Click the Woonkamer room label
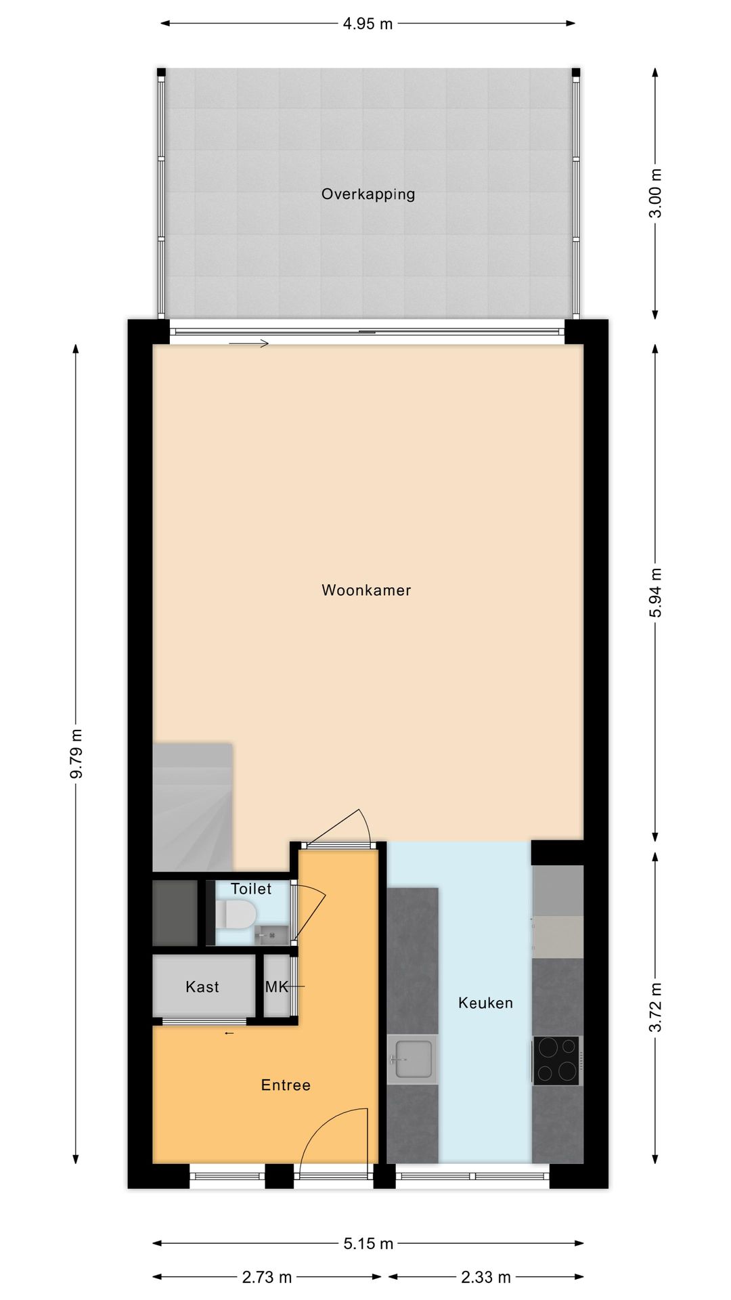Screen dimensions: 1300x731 click(366, 590)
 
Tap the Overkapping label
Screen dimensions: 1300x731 click(368, 194)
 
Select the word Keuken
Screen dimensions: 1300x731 click(485, 1003)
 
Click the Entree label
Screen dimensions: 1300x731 click(286, 1085)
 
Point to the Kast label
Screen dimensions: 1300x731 click(202, 987)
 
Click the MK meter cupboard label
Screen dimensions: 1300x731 click(276, 987)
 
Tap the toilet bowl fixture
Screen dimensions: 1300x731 click(238, 915)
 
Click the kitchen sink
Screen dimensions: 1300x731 click(412, 1059)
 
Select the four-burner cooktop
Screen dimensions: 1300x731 click(556, 1060)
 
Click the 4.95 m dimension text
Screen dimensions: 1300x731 click(368, 24)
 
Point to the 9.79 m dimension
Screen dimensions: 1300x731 click(76, 753)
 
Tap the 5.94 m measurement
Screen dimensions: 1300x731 click(655, 592)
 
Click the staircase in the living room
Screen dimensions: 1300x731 click(192, 806)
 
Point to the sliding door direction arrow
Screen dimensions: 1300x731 click(248, 344)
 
